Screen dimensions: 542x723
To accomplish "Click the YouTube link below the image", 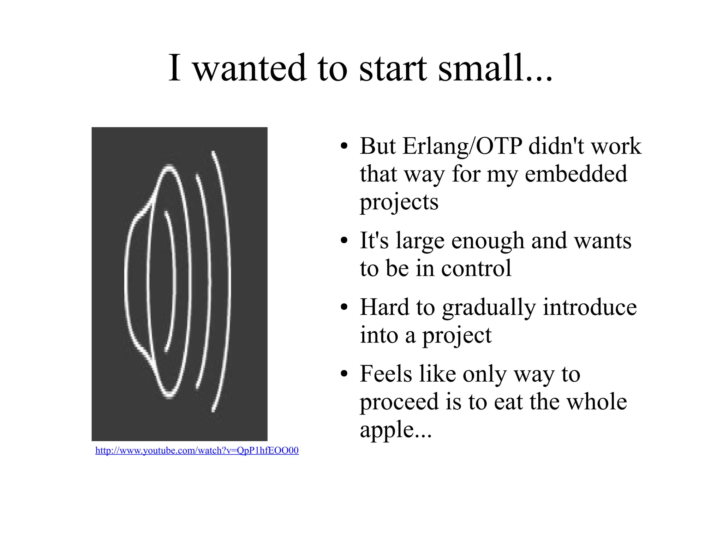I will (197, 451).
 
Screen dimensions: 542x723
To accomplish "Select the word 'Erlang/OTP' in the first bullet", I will (462, 147).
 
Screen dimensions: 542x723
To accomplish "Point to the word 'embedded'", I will (576, 174).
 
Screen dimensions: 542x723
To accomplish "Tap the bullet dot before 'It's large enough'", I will (344, 241).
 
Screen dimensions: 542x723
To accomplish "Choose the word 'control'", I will (476, 268).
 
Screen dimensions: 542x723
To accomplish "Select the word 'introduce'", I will (590, 307).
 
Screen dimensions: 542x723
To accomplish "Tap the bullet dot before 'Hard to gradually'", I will (344, 308).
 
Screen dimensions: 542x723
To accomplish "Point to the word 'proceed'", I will (399, 403).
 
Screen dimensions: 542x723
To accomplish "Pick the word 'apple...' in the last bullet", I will (396, 430).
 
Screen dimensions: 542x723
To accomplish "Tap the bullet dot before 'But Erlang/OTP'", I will (344, 147).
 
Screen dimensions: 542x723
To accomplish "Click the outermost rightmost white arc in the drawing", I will (227, 282).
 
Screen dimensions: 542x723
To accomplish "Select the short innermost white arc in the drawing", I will (173, 282).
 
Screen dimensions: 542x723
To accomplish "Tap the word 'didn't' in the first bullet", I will (556, 146).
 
